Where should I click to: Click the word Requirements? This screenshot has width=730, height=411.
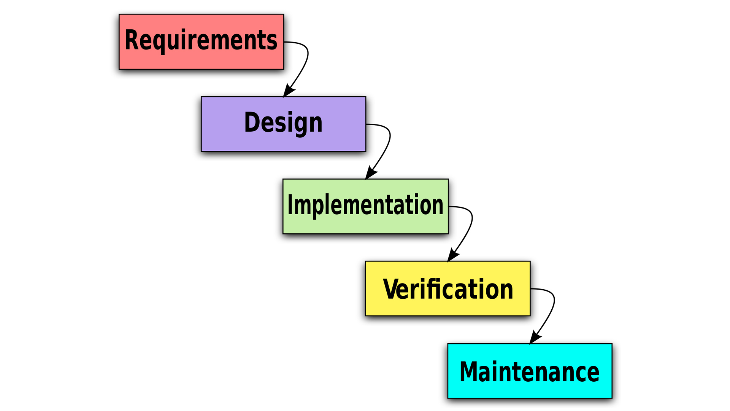click(201, 40)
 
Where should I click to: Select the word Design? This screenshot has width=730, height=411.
click(283, 123)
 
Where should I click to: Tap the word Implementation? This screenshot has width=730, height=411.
click(365, 205)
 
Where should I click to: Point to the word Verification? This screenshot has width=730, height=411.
click(448, 289)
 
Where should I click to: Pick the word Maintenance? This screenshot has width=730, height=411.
click(529, 371)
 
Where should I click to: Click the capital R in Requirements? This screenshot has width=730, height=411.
click(132, 40)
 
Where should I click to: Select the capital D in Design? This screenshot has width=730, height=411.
click(251, 122)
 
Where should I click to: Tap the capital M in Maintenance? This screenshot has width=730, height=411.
click(469, 371)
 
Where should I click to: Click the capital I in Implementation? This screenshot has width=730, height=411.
click(290, 205)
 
